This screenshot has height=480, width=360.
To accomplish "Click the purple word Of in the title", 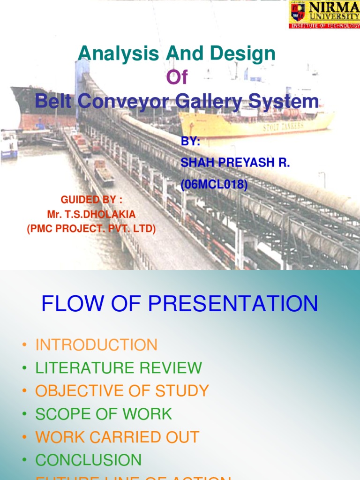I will (x=177, y=78).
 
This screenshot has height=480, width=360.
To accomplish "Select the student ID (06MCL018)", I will (x=214, y=186).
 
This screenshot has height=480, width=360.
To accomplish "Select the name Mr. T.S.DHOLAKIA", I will (x=91, y=214).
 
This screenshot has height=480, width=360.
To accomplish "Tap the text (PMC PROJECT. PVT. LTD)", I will (x=91, y=229).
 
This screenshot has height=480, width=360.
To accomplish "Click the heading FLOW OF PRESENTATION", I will (x=180, y=304).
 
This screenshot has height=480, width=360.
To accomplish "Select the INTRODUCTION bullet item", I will (x=97, y=345).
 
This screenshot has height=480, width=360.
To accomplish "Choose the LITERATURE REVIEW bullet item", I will (x=119, y=368).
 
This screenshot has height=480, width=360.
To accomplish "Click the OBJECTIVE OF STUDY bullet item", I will (x=122, y=391).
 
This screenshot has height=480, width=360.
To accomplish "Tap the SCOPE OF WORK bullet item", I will (x=104, y=414).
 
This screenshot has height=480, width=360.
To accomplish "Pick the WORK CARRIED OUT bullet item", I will (x=117, y=437).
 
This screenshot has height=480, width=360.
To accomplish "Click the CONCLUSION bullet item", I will (x=88, y=460).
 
